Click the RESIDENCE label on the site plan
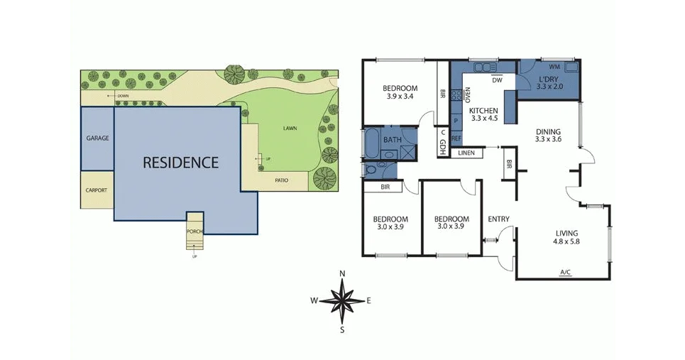181,163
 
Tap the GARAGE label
97,138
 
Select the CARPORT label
97,190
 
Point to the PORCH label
194,232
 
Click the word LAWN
290,129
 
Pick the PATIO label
282,180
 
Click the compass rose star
342,300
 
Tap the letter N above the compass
342,274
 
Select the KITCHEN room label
483,111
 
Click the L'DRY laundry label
549,79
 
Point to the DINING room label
548,131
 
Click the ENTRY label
498,219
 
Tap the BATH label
392,140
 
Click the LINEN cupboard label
466,153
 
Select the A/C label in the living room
566,272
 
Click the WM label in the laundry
554,66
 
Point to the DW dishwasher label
497,80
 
